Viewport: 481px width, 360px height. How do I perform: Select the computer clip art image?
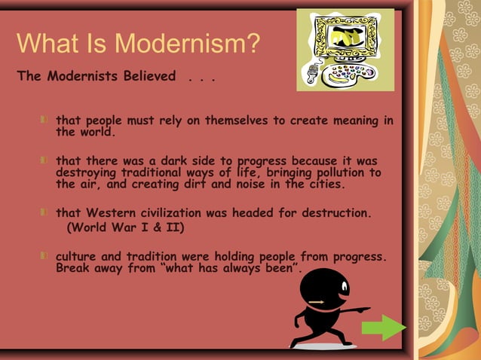[345, 49]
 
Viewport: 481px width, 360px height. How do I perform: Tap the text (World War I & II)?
[126, 227]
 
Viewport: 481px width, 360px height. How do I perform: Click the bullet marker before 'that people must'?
[47, 121]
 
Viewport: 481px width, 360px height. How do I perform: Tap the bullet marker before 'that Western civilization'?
[47, 213]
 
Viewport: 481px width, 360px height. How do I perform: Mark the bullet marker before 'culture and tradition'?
[47, 256]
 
